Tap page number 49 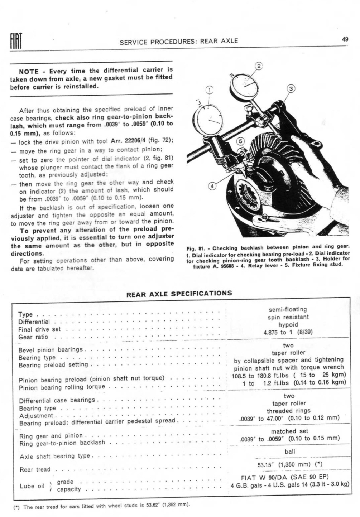click(x=345, y=39)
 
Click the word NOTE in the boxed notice click(x=29, y=71)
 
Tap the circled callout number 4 click(x=212, y=186)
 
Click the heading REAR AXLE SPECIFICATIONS click(x=179, y=293)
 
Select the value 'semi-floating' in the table click(x=288, y=309)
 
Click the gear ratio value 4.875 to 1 click(x=288, y=332)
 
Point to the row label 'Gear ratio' click(x=33, y=337)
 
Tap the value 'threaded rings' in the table click(x=288, y=411)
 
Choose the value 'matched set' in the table click(x=289, y=431)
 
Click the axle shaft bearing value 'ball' click(x=289, y=451)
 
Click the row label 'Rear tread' click(x=35, y=469)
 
